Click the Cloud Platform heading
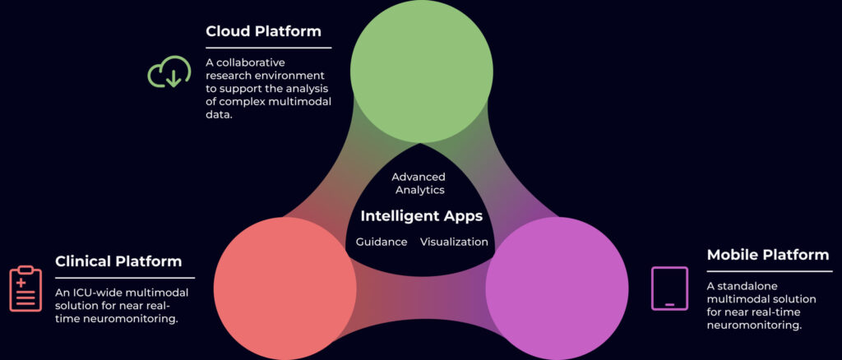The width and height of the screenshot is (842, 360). coord(263,31)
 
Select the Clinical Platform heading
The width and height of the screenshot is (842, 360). coord(118,261)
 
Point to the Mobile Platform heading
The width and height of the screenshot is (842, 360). coord(768,254)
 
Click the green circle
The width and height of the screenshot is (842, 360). coord(422,72)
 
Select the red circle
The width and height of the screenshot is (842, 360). coord(285,288)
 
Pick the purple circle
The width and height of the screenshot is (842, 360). coord(557,288)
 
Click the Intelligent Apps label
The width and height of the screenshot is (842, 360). coord(422,216)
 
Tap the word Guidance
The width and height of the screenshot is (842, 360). coord(382,242)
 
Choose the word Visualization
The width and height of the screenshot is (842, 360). coord(454,242)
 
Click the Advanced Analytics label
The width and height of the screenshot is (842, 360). coord(419,183)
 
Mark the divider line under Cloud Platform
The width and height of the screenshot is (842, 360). coord(269,48)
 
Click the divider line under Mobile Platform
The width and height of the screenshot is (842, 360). coord(770,271)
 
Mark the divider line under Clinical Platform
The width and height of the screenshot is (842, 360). coord(125,278)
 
